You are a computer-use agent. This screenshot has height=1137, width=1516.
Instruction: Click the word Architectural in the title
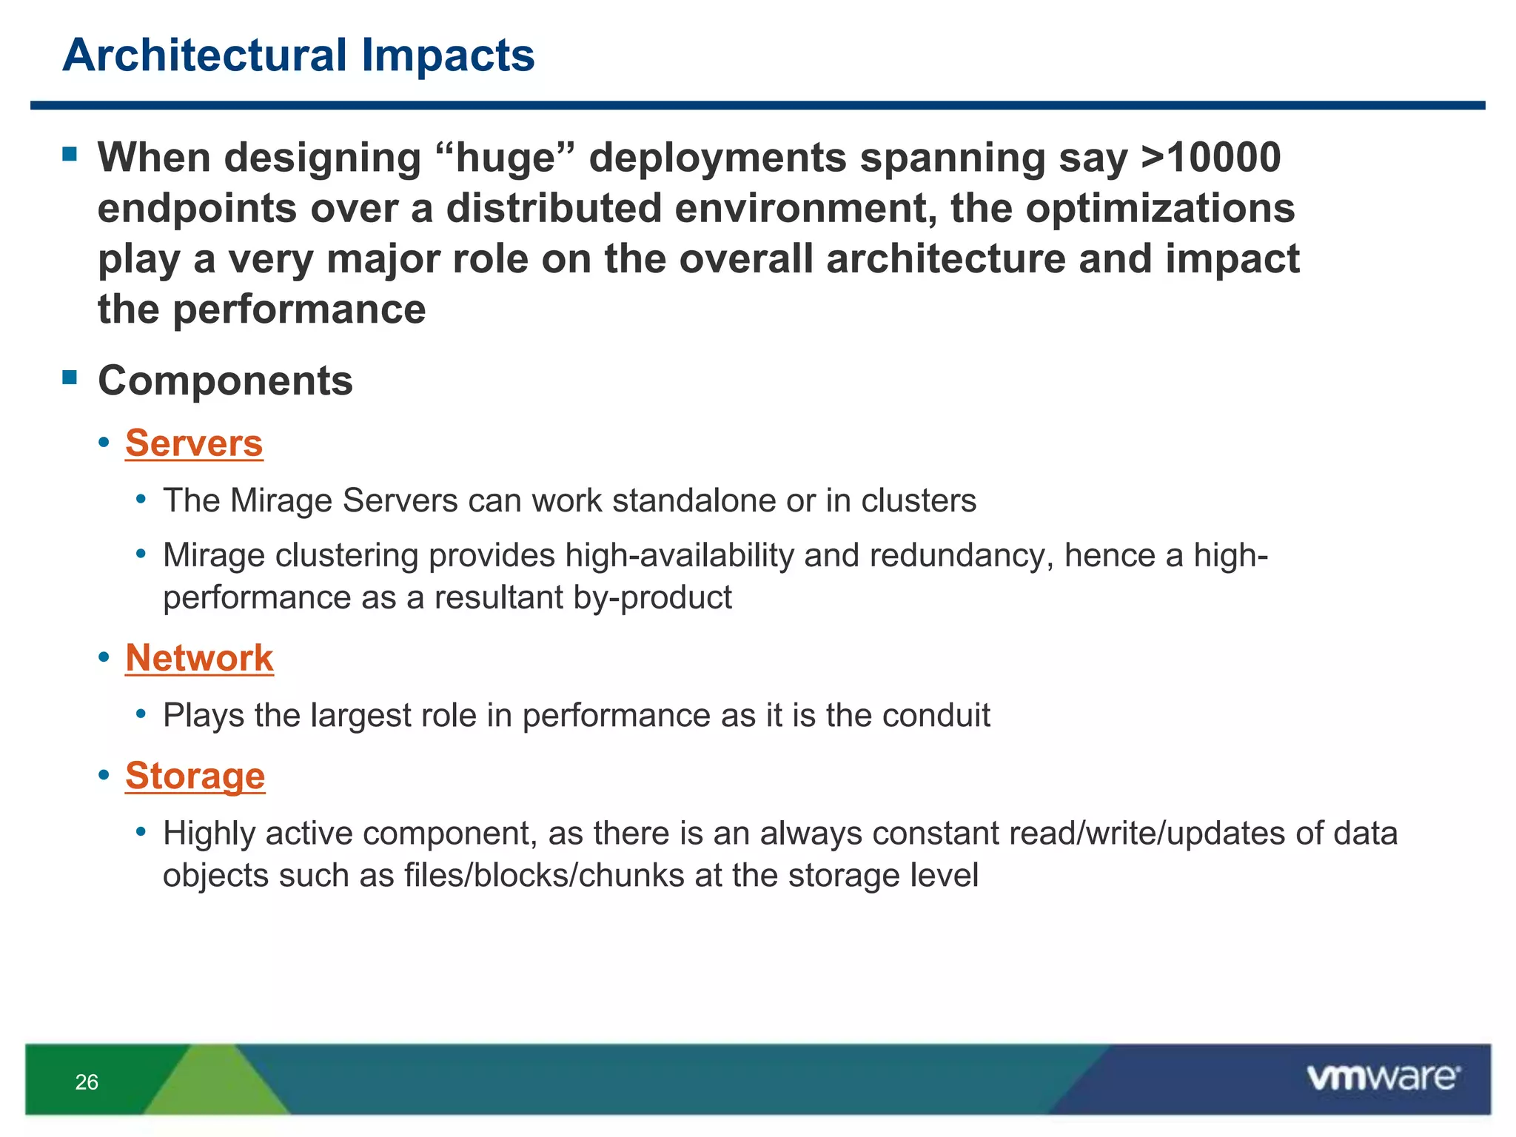(x=205, y=56)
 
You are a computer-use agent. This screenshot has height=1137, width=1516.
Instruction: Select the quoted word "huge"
(x=507, y=158)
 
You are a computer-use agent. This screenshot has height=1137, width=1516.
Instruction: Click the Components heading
(x=225, y=380)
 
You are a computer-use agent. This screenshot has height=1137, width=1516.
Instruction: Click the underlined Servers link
(x=194, y=443)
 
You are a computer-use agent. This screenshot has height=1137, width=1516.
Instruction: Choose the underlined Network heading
(x=199, y=658)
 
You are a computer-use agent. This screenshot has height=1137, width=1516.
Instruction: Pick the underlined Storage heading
(x=195, y=776)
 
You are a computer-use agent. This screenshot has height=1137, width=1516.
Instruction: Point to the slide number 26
(x=87, y=1082)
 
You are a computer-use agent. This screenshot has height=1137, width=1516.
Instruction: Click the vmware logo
(x=1383, y=1078)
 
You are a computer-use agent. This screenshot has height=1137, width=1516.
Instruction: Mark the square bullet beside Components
(x=70, y=378)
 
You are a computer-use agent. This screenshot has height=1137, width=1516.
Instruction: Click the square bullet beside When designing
(x=70, y=155)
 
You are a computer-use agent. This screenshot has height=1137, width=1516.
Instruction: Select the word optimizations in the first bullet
(x=1159, y=208)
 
